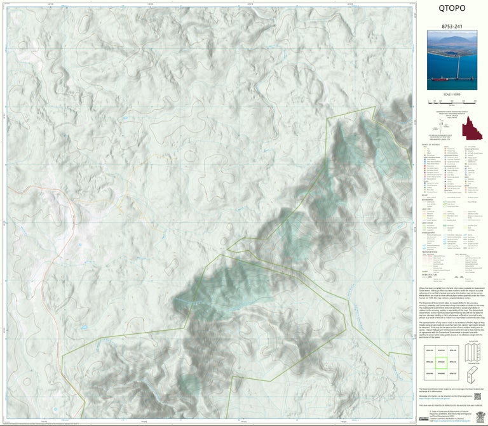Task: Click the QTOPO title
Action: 452,9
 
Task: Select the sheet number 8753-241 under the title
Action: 452,27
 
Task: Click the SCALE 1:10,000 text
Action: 452,95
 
